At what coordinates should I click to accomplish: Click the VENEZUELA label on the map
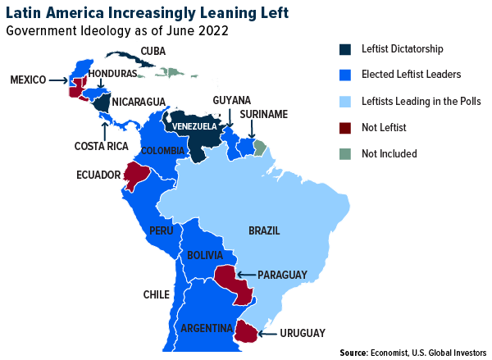click(194, 127)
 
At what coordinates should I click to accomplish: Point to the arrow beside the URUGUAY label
click(266, 333)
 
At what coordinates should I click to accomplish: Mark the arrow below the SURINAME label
click(252, 130)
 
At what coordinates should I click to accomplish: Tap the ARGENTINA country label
click(206, 328)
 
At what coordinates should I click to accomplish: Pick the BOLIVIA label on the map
click(205, 256)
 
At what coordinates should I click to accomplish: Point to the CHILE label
click(156, 295)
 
